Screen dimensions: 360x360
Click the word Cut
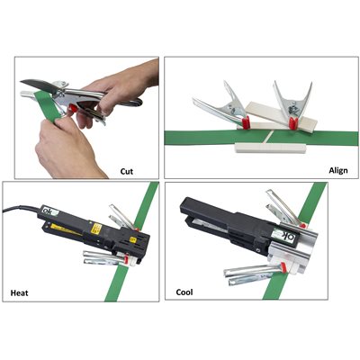(x=127, y=172)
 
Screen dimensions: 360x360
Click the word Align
(x=338, y=171)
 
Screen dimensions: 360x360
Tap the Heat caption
(x=20, y=292)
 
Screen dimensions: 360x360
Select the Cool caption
(x=184, y=292)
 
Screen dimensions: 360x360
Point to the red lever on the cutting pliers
(x=72, y=108)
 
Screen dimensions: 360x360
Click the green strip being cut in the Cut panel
(x=48, y=105)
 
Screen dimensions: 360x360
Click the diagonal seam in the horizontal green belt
(x=267, y=137)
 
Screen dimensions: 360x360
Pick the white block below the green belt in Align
(x=271, y=148)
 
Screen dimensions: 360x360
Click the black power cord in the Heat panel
(x=21, y=208)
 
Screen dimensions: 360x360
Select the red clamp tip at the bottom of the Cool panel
(x=283, y=267)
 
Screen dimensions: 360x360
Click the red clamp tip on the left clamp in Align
(x=246, y=123)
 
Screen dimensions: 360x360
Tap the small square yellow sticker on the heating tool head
(x=133, y=239)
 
